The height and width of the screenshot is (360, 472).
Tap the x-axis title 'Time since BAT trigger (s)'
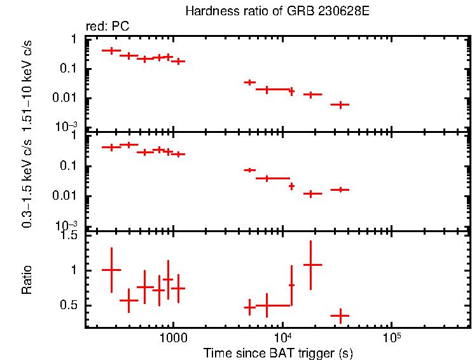(278, 352)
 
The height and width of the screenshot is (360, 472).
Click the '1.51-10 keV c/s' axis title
(27, 83)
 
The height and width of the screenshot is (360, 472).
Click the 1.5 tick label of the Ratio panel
(69, 235)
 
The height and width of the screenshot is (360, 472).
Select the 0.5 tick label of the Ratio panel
(69, 306)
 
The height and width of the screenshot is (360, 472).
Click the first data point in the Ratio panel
(111, 270)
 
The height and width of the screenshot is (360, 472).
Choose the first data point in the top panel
(111, 50)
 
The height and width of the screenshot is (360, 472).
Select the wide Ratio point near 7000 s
(267, 305)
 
